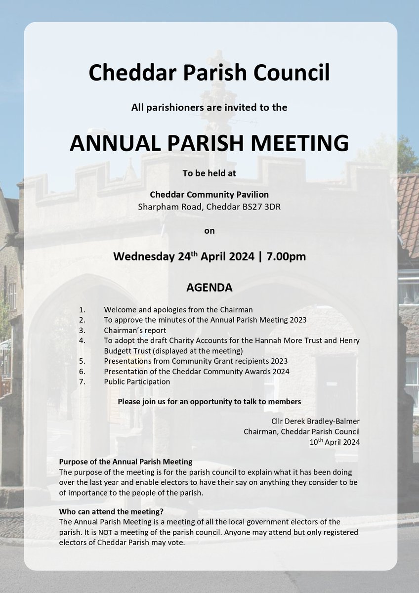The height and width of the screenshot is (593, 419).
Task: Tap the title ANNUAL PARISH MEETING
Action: coord(209,143)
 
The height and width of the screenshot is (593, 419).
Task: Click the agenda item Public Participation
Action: coord(137,381)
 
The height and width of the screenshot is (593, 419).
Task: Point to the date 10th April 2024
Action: coord(333,442)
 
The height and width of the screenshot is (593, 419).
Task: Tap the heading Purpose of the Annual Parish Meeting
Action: coord(126,462)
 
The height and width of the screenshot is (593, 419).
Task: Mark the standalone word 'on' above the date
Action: coord(209,230)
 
